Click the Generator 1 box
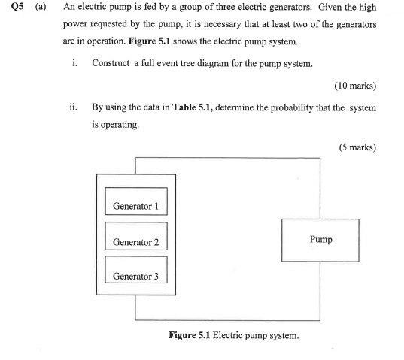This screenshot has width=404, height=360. point(135,205)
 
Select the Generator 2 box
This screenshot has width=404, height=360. point(135,241)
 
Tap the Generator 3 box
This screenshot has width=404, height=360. point(135,276)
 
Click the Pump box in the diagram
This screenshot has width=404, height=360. point(320,240)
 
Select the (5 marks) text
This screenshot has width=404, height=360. point(357,147)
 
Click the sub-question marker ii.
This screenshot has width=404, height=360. point(71,107)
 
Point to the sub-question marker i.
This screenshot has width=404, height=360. point(73,63)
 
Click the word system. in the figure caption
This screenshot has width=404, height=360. point(284,335)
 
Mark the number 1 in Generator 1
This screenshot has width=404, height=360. point(156,205)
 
